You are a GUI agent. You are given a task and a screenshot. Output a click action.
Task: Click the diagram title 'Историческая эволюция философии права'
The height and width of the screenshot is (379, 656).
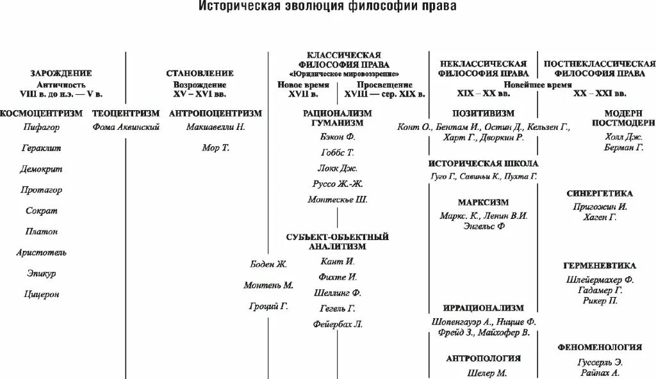[x=327, y=8]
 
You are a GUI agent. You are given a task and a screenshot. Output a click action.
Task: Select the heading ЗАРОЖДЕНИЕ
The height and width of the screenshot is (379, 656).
[x=61, y=74]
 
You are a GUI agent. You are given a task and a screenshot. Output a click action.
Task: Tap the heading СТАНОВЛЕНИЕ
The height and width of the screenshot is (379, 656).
[x=199, y=74]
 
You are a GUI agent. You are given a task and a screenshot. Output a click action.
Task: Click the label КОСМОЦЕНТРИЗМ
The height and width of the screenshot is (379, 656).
[x=42, y=113]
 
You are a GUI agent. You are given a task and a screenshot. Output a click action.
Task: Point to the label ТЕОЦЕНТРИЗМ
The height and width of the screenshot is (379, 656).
[x=126, y=113]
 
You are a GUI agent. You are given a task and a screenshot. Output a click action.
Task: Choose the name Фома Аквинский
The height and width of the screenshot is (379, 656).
[x=126, y=127]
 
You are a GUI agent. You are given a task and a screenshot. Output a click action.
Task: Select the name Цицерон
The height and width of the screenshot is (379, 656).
[x=42, y=294]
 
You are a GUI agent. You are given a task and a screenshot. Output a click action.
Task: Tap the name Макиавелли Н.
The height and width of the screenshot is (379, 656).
[x=216, y=127]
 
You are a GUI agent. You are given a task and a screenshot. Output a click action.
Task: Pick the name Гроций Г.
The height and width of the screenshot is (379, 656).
[x=268, y=306]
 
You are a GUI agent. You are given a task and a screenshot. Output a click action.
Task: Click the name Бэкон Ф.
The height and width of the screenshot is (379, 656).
[x=337, y=137]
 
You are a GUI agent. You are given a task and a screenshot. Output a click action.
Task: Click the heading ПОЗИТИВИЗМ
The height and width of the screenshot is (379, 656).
[x=484, y=113]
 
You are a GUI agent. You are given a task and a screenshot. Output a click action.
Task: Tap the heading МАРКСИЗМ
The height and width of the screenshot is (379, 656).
[x=484, y=202]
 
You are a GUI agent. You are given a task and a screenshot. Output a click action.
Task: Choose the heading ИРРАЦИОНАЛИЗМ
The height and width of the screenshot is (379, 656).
[x=484, y=308]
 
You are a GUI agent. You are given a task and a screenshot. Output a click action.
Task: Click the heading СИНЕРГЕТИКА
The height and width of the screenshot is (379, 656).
[x=600, y=193]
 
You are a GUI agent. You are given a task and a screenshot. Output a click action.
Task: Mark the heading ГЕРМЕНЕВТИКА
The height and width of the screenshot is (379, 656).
[x=600, y=265]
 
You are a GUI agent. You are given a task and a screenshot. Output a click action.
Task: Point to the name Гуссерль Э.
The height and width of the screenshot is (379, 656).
[x=600, y=360]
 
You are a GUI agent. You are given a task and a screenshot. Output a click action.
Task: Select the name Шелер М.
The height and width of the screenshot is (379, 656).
[x=484, y=373]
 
